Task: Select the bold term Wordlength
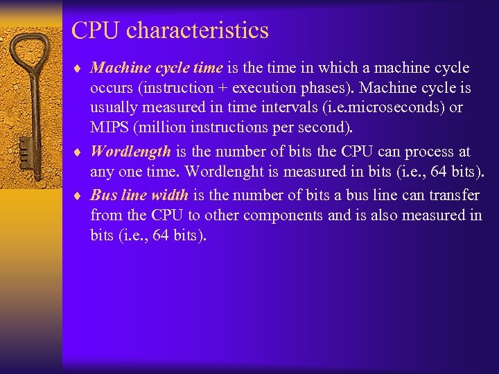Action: click(x=130, y=152)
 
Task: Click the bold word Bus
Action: click(x=103, y=195)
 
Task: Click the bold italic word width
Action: click(x=169, y=195)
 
